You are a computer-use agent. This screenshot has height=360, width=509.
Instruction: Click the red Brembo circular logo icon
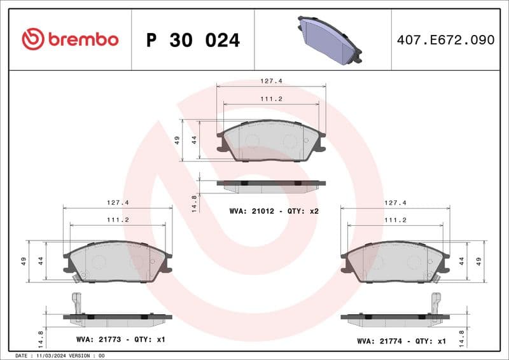(x=32, y=39)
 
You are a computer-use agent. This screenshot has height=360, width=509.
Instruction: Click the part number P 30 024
(x=193, y=40)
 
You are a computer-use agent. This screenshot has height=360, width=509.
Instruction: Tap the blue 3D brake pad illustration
(x=329, y=39)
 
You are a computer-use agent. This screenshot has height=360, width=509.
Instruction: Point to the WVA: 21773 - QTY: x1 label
(x=120, y=340)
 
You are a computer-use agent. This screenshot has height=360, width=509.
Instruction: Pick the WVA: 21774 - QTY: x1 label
(x=401, y=341)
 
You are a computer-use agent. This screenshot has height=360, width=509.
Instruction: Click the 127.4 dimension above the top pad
(x=271, y=81)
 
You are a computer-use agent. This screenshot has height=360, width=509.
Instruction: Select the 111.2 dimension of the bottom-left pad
(x=119, y=219)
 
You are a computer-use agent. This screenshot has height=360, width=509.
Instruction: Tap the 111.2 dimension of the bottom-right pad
(x=395, y=219)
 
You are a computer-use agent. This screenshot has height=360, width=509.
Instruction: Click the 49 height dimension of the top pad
(x=178, y=140)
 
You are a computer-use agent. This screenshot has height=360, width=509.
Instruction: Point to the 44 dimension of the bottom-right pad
(x=462, y=261)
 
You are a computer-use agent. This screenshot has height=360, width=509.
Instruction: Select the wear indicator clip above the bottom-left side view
(x=77, y=301)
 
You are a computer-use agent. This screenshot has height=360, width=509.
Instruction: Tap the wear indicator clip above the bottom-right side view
(x=436, y=301)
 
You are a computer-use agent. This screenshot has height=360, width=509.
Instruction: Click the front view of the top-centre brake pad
(x=271, y=141)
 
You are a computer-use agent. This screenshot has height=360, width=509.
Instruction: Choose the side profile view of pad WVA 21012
(x=271, y=184)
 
